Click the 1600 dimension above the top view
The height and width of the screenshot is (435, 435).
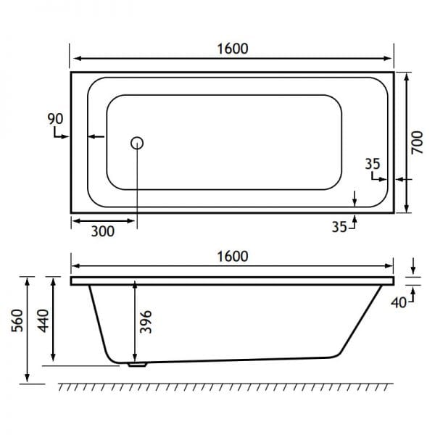tap(233, 49)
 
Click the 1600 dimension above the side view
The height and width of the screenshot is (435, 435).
tap(233, 257)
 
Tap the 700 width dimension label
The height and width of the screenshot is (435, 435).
tap(417, 143)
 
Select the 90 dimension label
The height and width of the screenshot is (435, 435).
tap(56, 119)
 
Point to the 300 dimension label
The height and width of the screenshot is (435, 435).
tap(103, 232)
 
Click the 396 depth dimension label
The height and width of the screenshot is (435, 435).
tap(146, 321)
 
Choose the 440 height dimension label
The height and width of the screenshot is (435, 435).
tap(43, 320)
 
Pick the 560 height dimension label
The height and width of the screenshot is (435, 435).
tap(17, 320)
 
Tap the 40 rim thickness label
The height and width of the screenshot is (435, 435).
tap(399, 302)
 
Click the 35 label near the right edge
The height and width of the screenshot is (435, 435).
tap(373, 164)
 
